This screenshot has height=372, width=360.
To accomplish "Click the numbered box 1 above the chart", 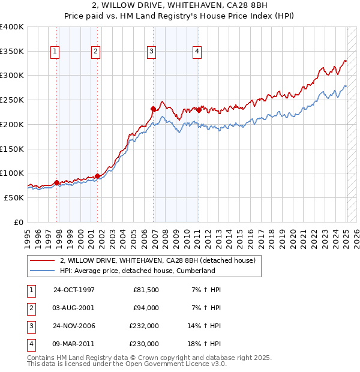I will [55, 52].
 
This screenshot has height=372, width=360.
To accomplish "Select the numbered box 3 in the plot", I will [152, 52].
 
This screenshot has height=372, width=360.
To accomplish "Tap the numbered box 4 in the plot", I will [197, 52].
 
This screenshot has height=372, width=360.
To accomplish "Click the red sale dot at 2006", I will [154, 109].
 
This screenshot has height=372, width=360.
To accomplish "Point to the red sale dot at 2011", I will [199, 110].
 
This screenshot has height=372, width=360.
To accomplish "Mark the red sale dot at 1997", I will [57, 182].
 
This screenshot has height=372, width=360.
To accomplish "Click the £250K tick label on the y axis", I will [12, 100].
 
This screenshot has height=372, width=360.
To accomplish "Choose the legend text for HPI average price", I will [137, 271].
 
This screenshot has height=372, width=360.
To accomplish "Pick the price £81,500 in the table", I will [144, 290].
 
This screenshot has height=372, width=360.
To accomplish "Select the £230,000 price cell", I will [144, 344].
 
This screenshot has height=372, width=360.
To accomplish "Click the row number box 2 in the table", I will [29, 308].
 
